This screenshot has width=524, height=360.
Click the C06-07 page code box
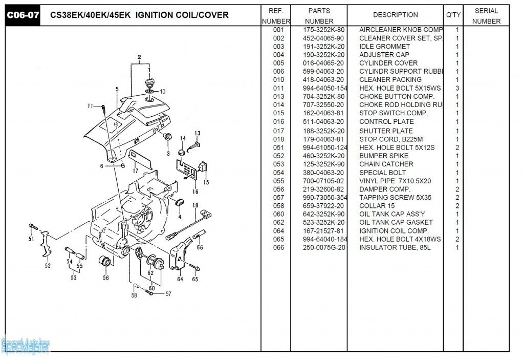[x=23, y=15]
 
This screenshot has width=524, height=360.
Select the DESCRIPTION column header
[x=395, y=15]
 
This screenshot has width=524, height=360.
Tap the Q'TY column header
[x=453, y=15]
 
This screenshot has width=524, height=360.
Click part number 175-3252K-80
[x=323, y=30]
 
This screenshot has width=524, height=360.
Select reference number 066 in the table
[x=278, y=247]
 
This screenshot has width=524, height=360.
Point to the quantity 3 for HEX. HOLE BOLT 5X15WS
[x=457, y=88]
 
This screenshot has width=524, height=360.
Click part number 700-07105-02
[x=323, y=181]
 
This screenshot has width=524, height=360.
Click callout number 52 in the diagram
[x=48, y=265]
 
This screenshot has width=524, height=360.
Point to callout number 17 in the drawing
[x=136, y=170]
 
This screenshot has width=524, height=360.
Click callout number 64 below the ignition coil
[x=180, y=279]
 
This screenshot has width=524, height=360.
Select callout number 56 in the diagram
[x=105, y=278]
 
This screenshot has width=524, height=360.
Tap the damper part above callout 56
[x=105, y=260]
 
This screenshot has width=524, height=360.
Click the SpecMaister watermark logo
[x=26, y=346]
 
